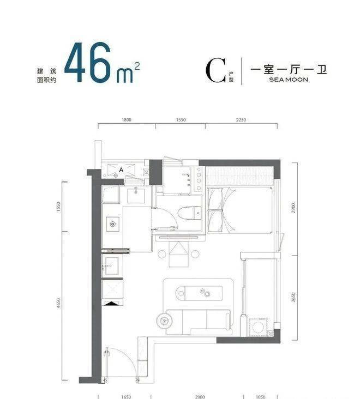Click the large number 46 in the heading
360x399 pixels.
[88, 62]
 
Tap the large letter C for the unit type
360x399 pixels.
[215, 70]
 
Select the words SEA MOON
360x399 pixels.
[289, 80]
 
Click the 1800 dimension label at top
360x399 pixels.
[127, 120]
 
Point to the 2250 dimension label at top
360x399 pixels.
[241, 120]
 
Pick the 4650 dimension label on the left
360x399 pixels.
[59, 303]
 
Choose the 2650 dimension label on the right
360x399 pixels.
[293, 298]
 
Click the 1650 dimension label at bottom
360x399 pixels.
[126, 397]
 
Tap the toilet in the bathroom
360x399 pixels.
[189, 213]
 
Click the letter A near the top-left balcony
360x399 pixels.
[121, 170]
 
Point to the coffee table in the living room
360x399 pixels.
[199, 293]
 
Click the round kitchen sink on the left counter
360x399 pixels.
[112, 224]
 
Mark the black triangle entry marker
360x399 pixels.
[112, 303]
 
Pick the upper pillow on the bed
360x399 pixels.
[215, 199]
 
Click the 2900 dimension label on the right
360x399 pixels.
[293, 208]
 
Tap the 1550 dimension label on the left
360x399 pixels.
[59, 207]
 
